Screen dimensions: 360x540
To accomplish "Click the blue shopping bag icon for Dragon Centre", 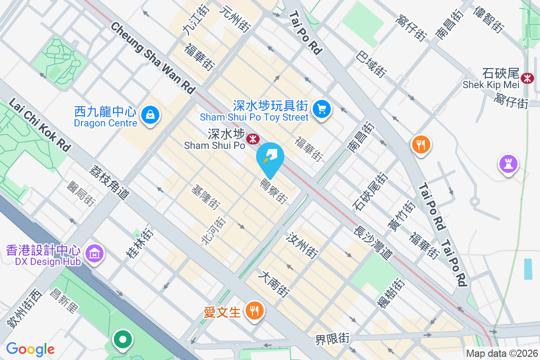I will tap(150, 115).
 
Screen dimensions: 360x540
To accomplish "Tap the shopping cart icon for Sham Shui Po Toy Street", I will tap(321, 109).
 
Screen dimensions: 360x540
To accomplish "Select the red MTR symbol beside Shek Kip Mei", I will tap(526, 78).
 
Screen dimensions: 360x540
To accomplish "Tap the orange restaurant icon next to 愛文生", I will tap(255, 311).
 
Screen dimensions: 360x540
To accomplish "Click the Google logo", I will tap(30, 349).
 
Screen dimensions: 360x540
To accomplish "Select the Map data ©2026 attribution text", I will tap(501, 353).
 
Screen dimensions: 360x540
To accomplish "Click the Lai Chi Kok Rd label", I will tap(40, 125).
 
